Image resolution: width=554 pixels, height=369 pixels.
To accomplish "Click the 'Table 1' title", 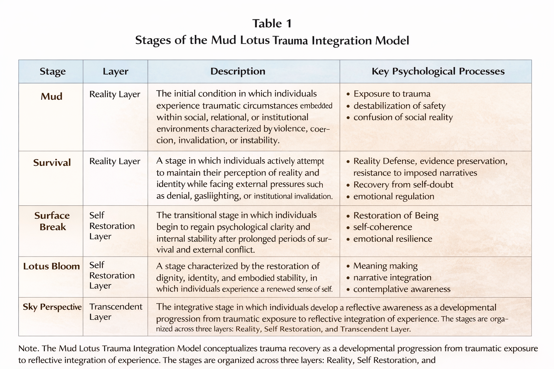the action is coord(272,24).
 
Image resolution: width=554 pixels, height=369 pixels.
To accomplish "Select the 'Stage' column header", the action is coord(53,71).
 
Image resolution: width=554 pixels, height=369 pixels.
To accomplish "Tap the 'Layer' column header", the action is coord(115,71).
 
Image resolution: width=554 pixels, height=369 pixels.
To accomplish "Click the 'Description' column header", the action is coord(238,71).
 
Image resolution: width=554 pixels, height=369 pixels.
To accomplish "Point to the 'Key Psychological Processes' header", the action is coord(438,71).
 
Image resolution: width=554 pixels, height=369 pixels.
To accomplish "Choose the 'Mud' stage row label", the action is coord(51,97).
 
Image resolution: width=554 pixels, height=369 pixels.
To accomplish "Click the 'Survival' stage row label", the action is coord(52,163).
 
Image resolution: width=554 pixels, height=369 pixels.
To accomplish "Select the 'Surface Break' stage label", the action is coord(52,221).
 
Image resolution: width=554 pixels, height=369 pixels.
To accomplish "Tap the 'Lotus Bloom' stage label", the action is coord(51,267).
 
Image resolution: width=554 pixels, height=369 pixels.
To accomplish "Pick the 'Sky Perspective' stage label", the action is coord(52,307).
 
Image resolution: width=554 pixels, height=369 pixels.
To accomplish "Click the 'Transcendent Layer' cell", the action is coord(115,312).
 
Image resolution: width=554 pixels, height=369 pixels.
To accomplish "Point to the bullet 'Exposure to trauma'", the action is coord(392,94).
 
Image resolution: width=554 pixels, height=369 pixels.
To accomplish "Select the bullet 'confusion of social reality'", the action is coord(403,117).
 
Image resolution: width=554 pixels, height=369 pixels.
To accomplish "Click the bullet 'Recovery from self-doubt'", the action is coord(403,185).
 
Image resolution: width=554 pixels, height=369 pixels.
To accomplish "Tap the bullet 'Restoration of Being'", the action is coord(396,216).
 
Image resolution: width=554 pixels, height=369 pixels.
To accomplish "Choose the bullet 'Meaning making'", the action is coord(385,266).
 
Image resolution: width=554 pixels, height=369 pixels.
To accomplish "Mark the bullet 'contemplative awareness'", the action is coord(402,289).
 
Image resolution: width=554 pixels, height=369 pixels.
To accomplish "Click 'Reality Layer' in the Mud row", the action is coord(115,94).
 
